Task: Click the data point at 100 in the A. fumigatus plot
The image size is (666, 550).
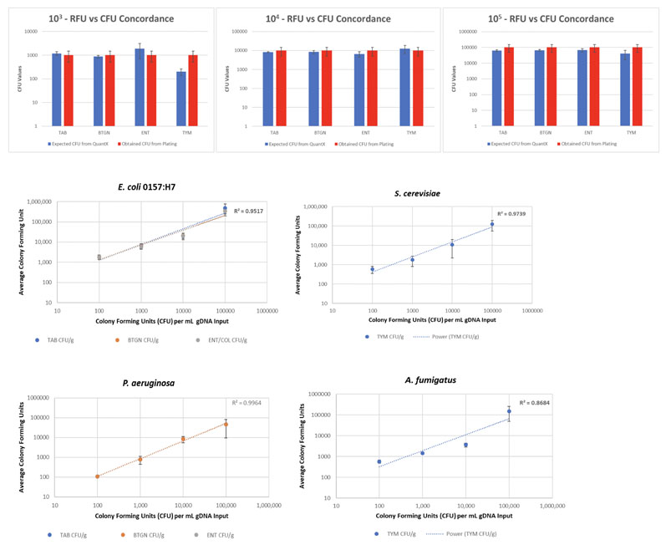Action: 379,461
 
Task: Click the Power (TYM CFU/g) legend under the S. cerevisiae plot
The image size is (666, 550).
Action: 455,337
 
